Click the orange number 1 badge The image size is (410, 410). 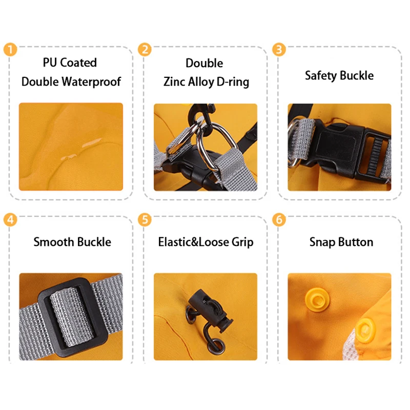[x=10, y=49]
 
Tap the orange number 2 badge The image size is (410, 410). [x=145, y=49]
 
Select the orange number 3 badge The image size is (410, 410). [x=279, y=49]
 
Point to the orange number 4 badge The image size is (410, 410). [x=10, y=220]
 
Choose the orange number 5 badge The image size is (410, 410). [x=145, y=220]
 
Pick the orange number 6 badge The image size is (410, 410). [x=279, y=220]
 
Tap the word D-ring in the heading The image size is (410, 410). [x=233, y=82]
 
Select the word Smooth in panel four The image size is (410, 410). [x=54, y=242]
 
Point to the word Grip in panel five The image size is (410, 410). [x=242, y=242]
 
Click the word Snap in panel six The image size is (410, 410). [x=322, y=242]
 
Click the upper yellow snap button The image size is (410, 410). [x=317, y=299]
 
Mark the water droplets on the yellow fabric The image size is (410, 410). [x=81, y=150]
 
